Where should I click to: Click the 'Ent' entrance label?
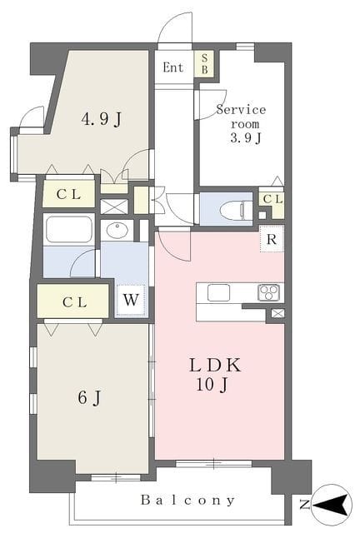172,67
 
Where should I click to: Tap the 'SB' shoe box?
204,63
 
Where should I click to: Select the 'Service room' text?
241,117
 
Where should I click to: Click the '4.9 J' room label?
101,119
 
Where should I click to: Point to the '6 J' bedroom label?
89,397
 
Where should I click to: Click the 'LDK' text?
215,365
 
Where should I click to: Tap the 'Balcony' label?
187,500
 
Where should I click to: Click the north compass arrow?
334,504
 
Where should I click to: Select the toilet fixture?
236,210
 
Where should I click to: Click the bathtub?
69,230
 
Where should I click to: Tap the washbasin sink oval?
117,230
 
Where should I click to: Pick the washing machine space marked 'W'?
131,300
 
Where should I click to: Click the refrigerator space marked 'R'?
272,239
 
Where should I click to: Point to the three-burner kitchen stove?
269,292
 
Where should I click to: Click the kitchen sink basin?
219,292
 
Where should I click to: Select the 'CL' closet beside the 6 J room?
72,301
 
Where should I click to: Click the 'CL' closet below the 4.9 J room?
68,194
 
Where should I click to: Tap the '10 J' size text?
212,385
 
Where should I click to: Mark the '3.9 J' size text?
246,137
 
